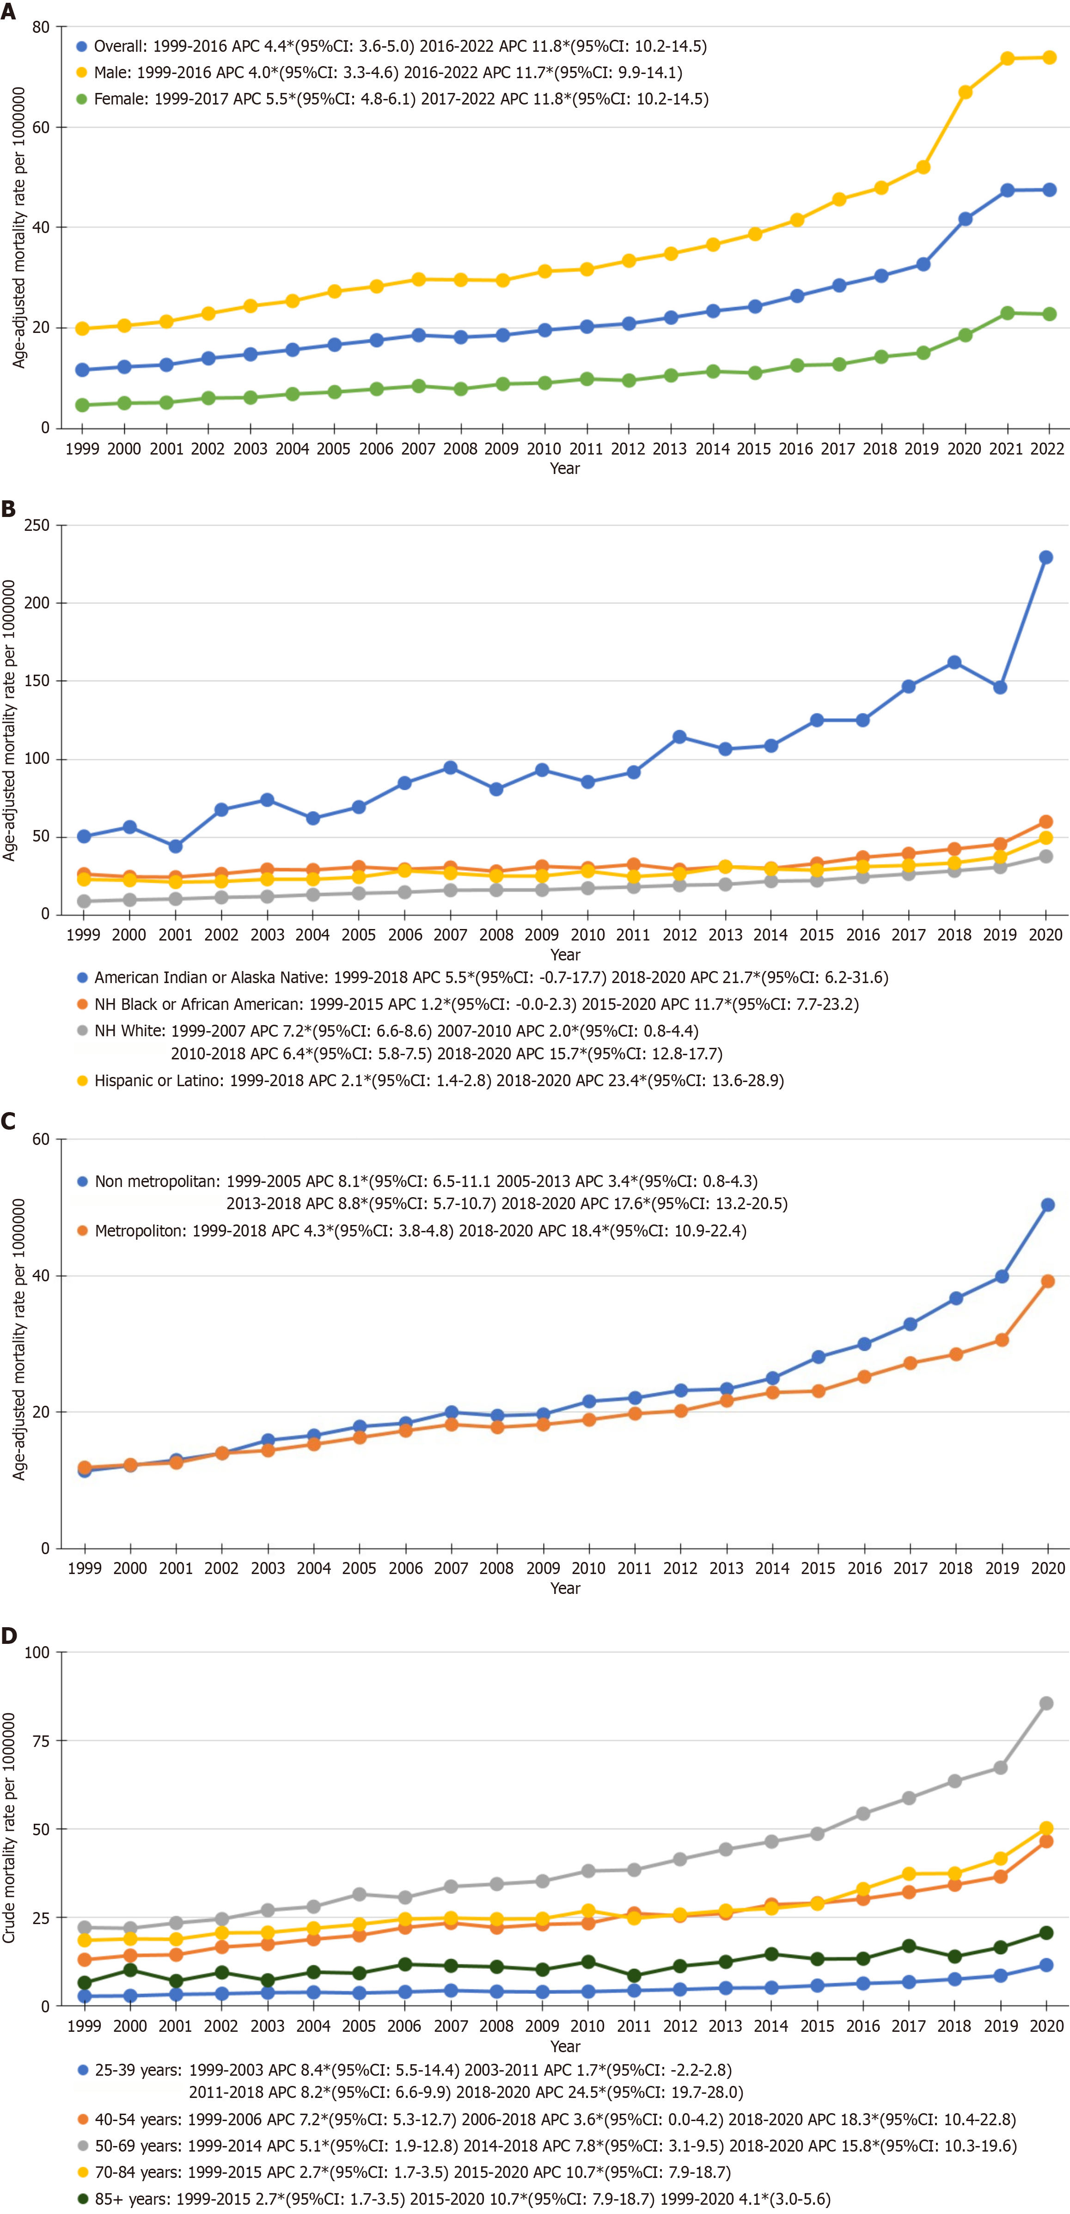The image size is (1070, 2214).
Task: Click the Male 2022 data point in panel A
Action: click(1049, 58)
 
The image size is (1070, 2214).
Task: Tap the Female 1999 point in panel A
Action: click(83, 405)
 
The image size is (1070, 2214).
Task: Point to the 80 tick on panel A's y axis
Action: click(40, 27)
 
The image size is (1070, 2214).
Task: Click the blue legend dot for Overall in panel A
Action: click(82, 46)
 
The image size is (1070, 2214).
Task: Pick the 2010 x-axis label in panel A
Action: click(543, 449)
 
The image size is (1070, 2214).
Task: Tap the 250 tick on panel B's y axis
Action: click(37, 525)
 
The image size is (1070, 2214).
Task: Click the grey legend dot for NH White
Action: click(83, 1031)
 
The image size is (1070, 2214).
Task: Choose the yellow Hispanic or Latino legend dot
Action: click(83, 1080)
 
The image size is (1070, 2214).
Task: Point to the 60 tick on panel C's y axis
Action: click(40, 1140)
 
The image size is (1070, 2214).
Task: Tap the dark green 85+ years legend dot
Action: click(83, 2199)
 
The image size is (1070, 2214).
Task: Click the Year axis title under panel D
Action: click(565, 2047)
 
